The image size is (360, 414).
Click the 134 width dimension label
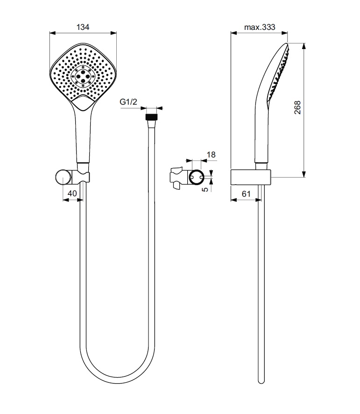(83, 27)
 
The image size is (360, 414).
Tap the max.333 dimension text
(260, 27)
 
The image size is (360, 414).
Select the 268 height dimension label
(297, 107)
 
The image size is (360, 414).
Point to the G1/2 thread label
(128, 102)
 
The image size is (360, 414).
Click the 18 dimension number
(211, 155)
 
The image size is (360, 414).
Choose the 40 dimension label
(72, 193)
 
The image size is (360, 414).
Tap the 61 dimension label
(246, 194)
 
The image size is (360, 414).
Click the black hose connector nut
(152, 117)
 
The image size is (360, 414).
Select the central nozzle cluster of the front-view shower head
(83, 76)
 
